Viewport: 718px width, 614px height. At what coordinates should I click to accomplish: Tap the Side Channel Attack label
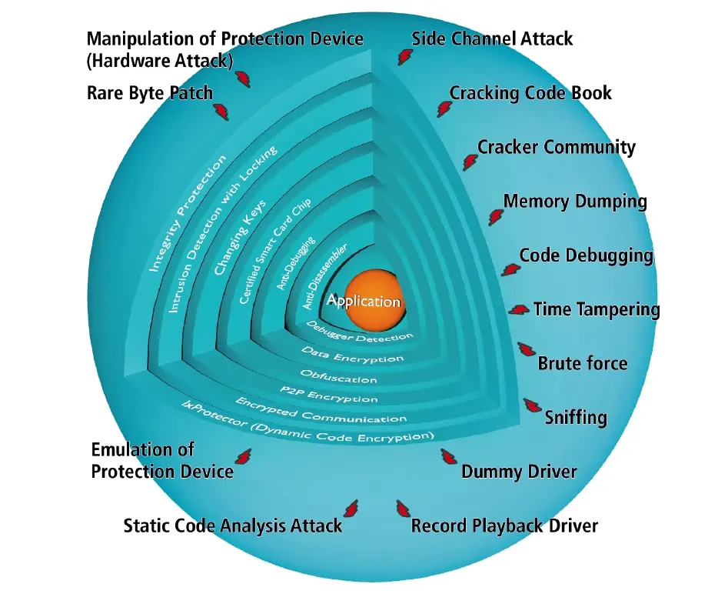pyautogui.click(x=492, y=38)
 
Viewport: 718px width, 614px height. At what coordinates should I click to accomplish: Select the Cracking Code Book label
pyautogui.click(x=530, y=94)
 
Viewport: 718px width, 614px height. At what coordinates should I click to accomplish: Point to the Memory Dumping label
pyautogui.click(x=575, y=202)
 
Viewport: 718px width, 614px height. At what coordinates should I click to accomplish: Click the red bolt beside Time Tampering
pyautogui.click(x=520, y=309)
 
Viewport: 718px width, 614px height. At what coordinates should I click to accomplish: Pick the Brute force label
pyautogui.click(x=582, y=363)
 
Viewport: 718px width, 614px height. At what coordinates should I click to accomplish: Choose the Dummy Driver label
pyautogui.click(x=519, y=472)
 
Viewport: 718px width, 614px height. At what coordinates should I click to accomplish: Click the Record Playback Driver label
pyautogui.click(x=504, y=526)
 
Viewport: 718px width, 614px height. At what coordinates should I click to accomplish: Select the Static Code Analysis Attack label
pyautogui.click(x=233, y=526)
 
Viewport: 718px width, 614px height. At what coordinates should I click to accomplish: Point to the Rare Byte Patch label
pyautogui.click(x=149, y=94)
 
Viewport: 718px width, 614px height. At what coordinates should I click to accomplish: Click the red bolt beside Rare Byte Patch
pyautogui.click(x=221, y=112)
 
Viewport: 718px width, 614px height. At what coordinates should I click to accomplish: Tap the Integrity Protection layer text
pyautogui.click(x=188, y=213)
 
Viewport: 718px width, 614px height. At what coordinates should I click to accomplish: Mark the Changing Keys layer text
pyautogui.click(x=240, y=239)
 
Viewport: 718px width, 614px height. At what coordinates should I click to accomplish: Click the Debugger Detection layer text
pyautogui.click(x=359, y=332)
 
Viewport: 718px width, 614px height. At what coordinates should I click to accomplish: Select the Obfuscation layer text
pyautogui.click(x=338, y=377)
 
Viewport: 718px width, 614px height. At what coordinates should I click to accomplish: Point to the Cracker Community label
pyautogui.click(x=557, y=148)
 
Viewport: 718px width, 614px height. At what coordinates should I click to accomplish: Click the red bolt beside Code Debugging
pyautogui.click(x=510, y=269)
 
